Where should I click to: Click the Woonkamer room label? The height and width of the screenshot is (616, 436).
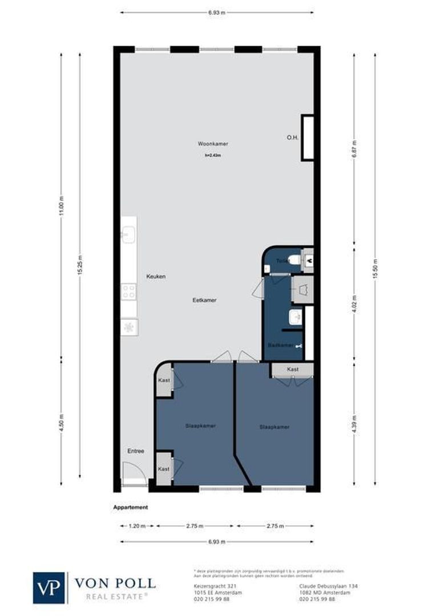tap(213, 144)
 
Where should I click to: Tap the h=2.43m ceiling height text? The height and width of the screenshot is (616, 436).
tap(213, 155)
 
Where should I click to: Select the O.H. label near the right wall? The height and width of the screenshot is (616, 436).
tap(293, 137)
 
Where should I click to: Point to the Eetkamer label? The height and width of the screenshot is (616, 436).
tap(205, 300)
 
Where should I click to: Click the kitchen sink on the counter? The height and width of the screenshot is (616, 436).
tap(128, 234)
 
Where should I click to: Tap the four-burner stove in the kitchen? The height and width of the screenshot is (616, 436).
tap(128, 292)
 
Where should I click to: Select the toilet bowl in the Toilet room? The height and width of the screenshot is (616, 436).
tap(293, 261)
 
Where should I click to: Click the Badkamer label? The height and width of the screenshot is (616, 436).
tap(280, 346)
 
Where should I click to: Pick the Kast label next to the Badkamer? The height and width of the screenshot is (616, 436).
tap(293, 370)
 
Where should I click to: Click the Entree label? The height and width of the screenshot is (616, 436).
tap(136, 451)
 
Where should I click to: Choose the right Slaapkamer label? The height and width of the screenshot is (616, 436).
tap(274, 427)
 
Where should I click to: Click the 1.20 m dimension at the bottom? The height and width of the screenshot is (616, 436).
tap(138, 526)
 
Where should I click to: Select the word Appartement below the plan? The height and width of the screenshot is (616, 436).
tap(131, 507)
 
